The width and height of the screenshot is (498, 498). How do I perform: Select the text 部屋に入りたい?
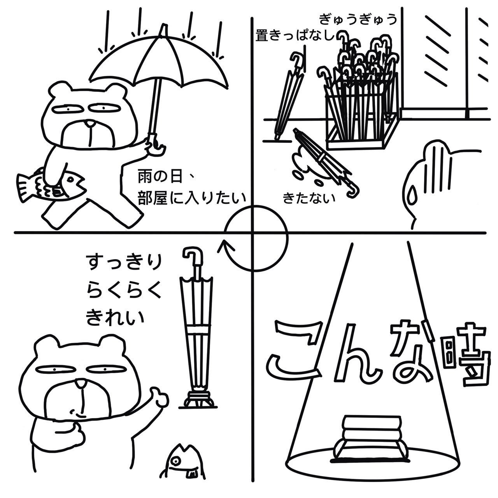point(192,198)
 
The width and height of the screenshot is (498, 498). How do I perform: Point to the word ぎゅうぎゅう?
point(358,20)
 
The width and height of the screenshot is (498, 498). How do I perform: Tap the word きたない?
point(309,198)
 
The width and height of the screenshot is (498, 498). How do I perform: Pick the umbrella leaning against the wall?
point(289,96)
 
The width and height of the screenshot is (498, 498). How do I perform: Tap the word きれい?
point(115,317)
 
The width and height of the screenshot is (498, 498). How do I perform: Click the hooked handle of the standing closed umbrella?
point(193,258)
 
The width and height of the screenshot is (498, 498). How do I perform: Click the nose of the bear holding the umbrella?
point(90,124)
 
